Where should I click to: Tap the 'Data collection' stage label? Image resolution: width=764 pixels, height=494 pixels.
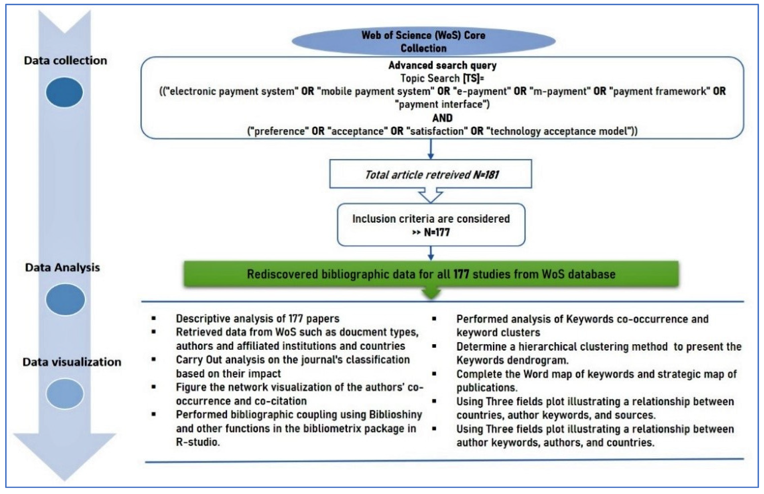[65, 61]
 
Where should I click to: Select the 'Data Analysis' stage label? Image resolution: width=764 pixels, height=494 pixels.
[62, 268]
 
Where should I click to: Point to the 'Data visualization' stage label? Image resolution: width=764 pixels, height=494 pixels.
[72, 362]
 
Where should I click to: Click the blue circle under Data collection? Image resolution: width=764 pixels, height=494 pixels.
[64, 92]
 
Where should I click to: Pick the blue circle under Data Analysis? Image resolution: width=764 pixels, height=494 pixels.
[65, 299]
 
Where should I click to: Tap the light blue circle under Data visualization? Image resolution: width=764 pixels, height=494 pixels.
[65, 394]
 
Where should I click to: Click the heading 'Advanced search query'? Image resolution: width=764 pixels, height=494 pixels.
[442, 65]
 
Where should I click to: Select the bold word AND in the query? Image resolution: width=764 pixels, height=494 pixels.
[442, 118]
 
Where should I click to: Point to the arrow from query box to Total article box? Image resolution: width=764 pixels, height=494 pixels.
[431, 149]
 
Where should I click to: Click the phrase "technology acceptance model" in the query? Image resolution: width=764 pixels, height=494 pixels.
[558, 131]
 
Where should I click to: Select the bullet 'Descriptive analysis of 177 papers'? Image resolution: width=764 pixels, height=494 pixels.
[257, 318]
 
